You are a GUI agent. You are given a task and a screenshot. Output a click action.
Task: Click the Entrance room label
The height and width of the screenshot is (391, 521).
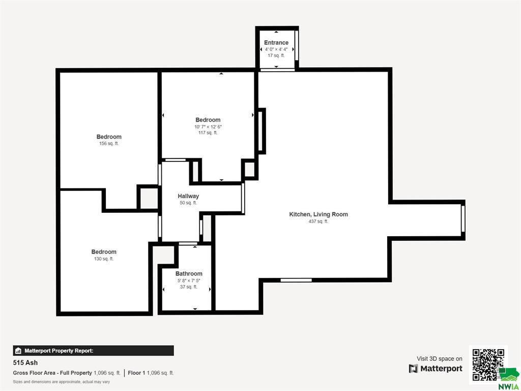pos(276,43)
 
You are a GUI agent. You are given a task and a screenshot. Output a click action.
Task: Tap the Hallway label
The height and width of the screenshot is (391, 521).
pos(188,196)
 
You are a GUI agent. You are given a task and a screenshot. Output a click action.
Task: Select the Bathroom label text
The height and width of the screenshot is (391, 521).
pos(189,273)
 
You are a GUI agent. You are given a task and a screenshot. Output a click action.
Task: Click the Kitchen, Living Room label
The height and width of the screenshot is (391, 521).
pos(319,214)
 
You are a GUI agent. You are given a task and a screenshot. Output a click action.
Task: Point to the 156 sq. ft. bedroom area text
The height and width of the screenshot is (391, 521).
pos(109,144)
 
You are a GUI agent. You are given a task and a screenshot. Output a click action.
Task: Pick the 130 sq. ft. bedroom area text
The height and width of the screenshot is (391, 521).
pos(104,259)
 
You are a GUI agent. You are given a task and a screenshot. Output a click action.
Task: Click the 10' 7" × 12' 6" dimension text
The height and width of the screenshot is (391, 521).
pos(208,127)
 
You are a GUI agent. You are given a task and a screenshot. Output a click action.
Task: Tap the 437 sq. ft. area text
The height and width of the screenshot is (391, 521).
pos(319,221)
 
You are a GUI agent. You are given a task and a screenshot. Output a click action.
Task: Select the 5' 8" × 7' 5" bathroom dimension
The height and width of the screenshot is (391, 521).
pos(189,281)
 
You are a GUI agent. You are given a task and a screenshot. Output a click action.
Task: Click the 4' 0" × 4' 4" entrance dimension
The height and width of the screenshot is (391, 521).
pos(276,49)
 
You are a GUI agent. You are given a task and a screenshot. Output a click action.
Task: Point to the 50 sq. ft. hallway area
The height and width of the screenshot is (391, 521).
pos(188,203)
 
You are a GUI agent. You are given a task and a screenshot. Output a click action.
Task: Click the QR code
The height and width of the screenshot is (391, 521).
pos(488,365)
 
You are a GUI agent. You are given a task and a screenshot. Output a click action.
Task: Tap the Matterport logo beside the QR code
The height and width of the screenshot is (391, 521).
pos(436,369)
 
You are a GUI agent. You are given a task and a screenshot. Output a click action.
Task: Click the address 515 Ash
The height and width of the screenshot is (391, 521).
pos(25,362)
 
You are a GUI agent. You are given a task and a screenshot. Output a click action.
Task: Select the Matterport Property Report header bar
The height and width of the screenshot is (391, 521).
pos(94,350)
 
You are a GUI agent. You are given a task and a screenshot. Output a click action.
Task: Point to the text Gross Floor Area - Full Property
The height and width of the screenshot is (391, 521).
pos(52,373)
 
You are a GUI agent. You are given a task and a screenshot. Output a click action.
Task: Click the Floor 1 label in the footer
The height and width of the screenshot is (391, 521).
pos(136,373)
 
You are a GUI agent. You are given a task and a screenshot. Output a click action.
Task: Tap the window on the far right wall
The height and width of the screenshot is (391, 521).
pos(463,219)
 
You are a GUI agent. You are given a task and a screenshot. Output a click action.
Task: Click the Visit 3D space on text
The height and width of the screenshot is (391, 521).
pos(439,359)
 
